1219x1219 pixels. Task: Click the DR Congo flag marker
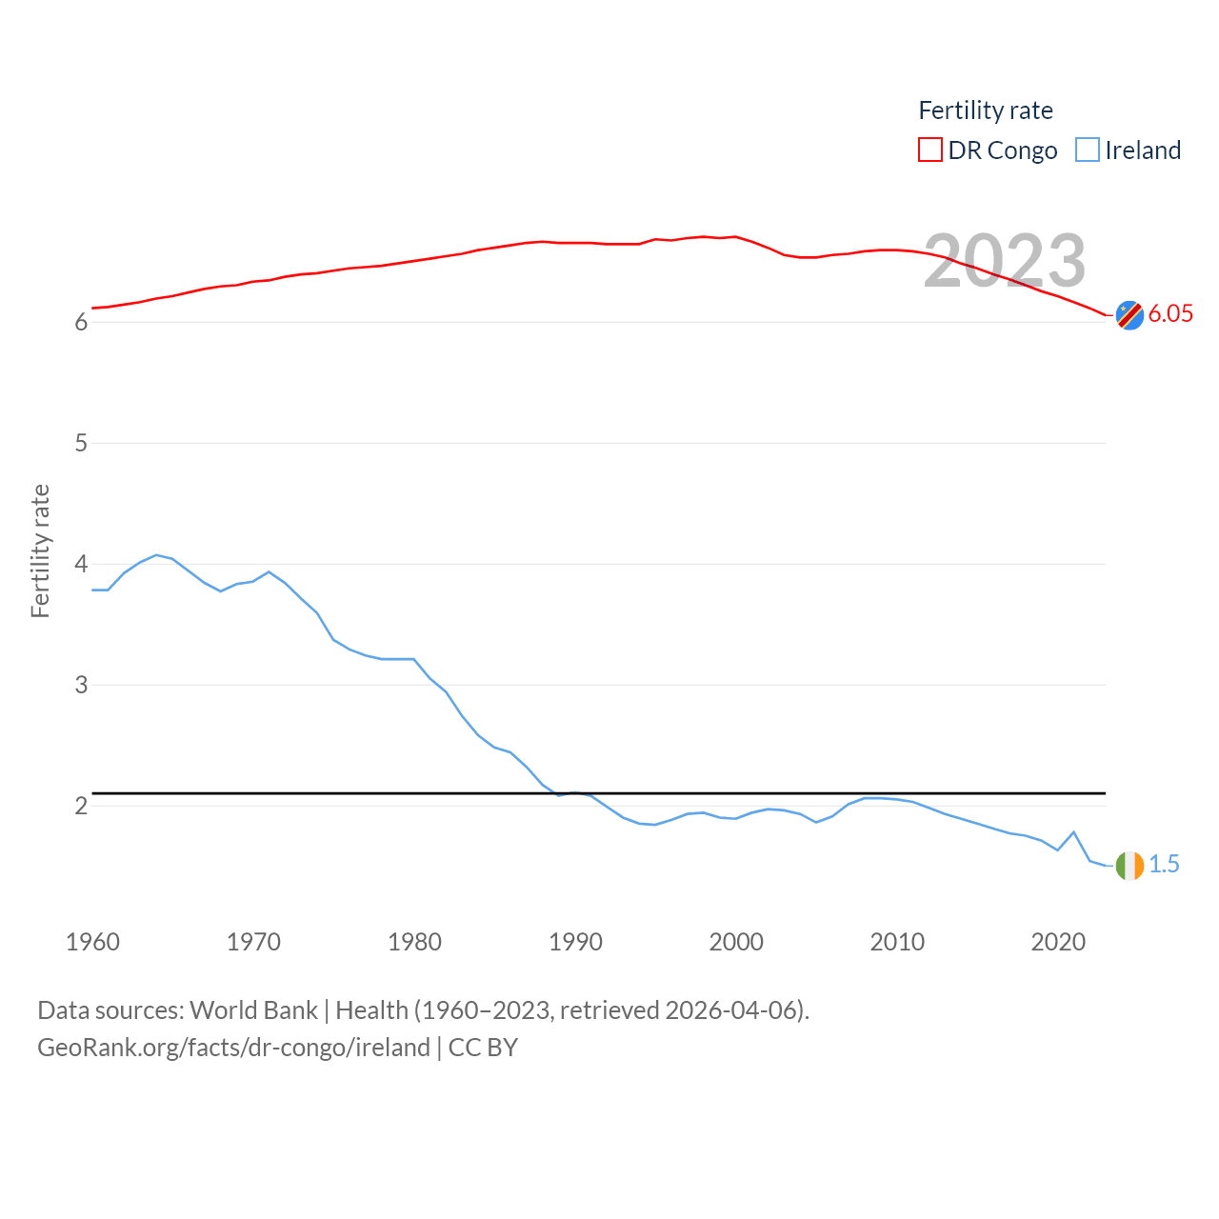pyautogui.click(x=1129, y=314)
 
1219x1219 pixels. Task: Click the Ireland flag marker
pyautogui.click(x=1129, y=866)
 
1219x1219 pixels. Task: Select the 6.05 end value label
pyautogui.click(x=1170, y=313)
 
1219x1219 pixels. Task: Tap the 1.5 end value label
pyautogui.click(x=1164, y=864)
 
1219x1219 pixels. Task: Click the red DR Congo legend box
pyautogui.click(x=929, y=150)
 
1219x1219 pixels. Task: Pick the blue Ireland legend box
pyautogui.click(x=1087, y=150)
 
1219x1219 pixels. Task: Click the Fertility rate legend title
pyautogui.click(x=986, y=110)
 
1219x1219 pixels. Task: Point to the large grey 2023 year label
pyautogui.click(x=1005, y=261)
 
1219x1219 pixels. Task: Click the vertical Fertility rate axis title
pyautogui.click(x=40, y=551)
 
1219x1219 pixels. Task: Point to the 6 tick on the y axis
pyautogui.click(x=81, y=322)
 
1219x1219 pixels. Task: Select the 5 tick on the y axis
pyautogui.click(x=81, y=443)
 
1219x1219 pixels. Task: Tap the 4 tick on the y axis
pyautogui.click(x=81, y=564)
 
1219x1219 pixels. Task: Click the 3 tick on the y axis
pyautogui.click(x=81, y=685)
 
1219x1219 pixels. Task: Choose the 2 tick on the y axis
pyautogui.click(x=81, y=806)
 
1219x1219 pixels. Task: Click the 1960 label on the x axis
pyautogui.click(x=92, y=942)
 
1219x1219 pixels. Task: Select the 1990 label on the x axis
pyautogui.click(x=575, y=942)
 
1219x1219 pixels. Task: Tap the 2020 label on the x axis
pyautogui.click(x=1058, y=942)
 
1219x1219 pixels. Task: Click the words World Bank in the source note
pyautogui.click(x=253, y=1009)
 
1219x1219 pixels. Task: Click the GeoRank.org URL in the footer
pyautogui.click(x=233, y=1048)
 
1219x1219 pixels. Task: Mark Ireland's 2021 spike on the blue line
pyautogui.click(x=1074, y=832)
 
